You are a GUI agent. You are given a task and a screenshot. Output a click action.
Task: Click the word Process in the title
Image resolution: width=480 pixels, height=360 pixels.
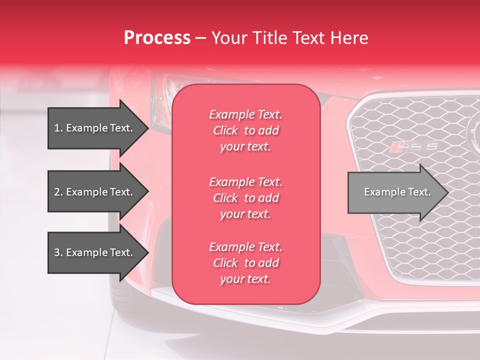[157, 38]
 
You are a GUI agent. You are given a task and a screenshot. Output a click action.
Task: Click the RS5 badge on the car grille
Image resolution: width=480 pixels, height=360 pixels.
[414, 146]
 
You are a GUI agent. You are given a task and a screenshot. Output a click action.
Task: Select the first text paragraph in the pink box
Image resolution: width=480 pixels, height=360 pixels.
[245, 130]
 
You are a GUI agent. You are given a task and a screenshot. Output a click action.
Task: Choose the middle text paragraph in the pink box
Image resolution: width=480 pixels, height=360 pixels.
[245, 198]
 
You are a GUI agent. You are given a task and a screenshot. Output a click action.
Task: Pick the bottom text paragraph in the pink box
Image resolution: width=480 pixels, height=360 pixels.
[245, 263]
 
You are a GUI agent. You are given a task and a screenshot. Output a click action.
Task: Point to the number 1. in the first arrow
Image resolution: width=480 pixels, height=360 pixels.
[58, 128]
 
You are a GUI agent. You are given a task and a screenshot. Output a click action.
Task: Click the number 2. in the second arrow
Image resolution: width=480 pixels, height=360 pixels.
[58, 192]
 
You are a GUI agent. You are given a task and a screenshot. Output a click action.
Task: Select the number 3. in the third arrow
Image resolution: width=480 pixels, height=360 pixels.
[58, 252]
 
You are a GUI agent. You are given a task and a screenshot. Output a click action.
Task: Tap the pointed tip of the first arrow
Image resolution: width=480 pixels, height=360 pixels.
[146, 128]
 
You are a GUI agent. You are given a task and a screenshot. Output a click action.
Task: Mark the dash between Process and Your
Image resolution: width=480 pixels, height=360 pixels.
[201, 38]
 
